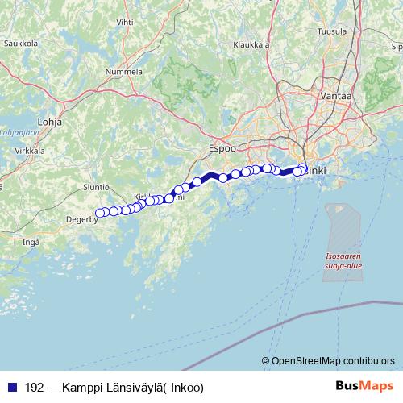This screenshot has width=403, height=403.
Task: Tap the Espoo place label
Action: [221, 148]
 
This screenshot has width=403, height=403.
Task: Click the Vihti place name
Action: [126, 22]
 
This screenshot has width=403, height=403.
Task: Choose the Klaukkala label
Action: [251, 45]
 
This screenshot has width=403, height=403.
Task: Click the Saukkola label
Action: [21, 43]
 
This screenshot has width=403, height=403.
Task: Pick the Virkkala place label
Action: [30, 151]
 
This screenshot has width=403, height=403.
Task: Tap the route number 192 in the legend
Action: [35, 387]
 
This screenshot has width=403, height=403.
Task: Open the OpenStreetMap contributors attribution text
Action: [333, 361]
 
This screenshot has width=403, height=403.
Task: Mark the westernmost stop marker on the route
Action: [100, 214]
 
